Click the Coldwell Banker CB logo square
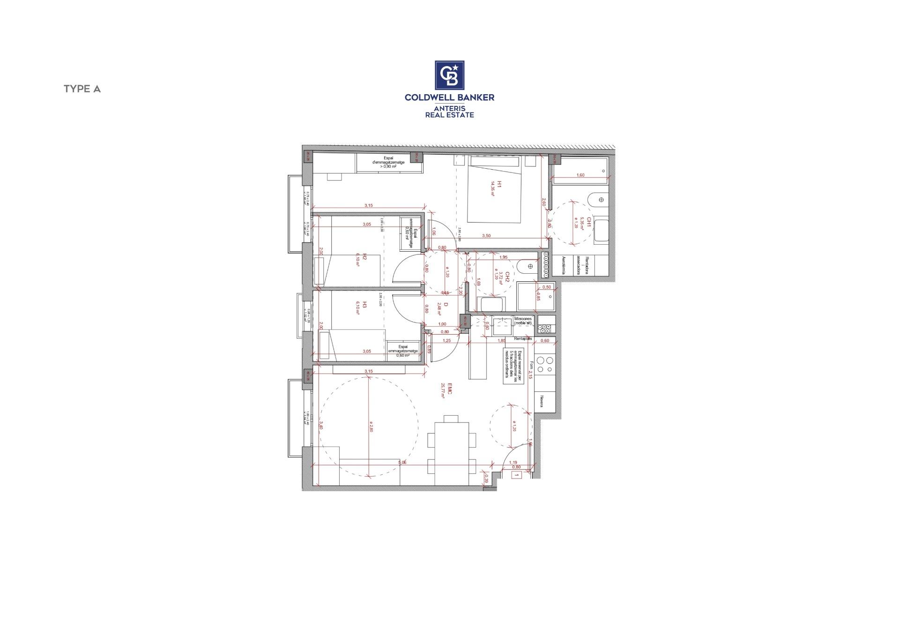(x=449, y=75)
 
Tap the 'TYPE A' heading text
(x=82, y=89)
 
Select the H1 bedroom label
(x=499, y=185)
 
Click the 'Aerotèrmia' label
(x=564, y=264)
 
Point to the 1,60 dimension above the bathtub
(x=580, y=175)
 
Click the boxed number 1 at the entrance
(x=517, y=475)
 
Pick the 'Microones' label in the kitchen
(x=523, y=319)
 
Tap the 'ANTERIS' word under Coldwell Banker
(x=449, y=108)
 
